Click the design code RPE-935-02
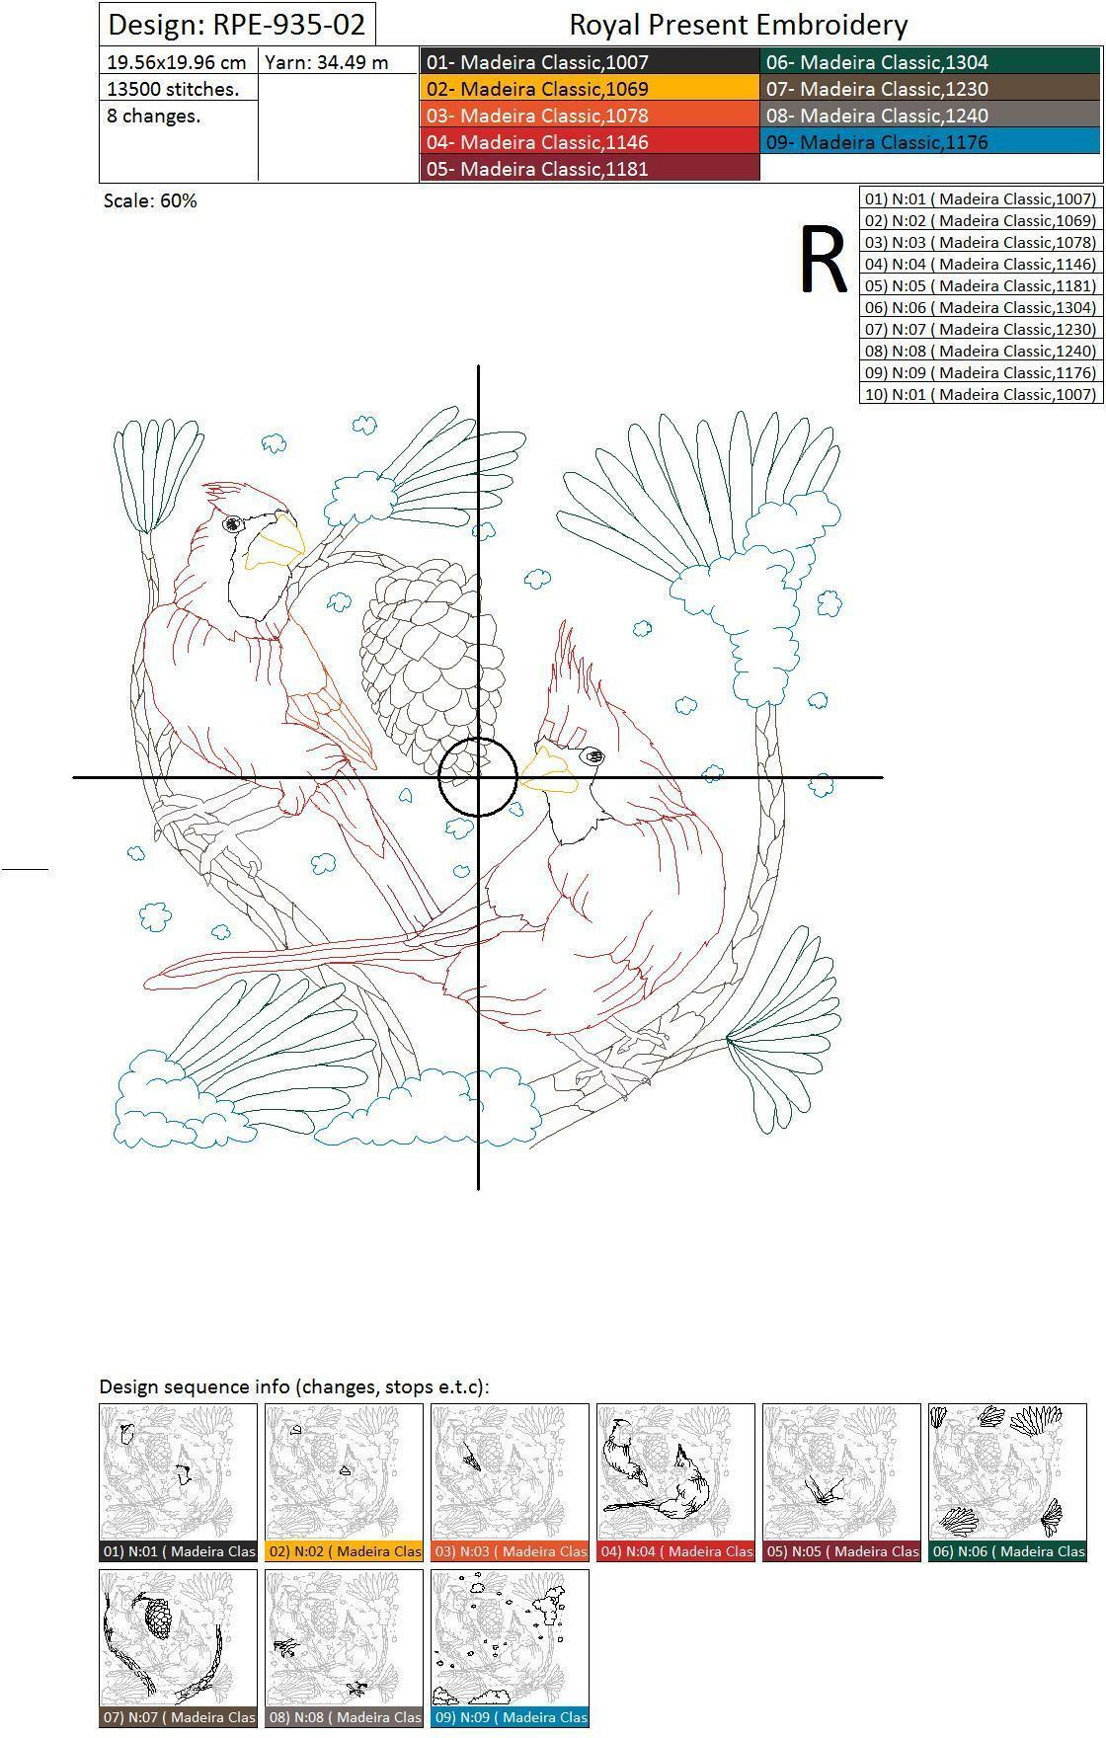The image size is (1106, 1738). (237, 24)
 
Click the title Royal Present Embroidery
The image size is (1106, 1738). (739, 25)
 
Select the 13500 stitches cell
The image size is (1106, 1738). (179, 89)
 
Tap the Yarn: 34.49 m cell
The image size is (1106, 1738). (339, 62)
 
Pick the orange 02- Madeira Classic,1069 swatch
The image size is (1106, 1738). (591, 89)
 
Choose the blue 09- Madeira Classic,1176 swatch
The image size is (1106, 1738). (931, 142)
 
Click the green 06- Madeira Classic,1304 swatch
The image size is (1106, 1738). (931, 62)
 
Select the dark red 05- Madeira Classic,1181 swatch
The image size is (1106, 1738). (591, 169)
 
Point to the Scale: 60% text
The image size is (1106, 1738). (150, 200)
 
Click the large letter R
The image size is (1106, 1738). (823, 260)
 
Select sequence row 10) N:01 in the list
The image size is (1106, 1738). (980, 394)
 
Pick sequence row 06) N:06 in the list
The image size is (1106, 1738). (980, 307)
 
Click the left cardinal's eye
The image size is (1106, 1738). (233, 524)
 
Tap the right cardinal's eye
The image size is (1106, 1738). (592, 757)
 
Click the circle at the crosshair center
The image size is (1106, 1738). (478, 739)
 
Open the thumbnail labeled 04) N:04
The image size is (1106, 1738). (676, 1482)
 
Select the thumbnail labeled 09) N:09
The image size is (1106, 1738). (511, 1648)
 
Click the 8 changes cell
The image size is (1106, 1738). (179, 116)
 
